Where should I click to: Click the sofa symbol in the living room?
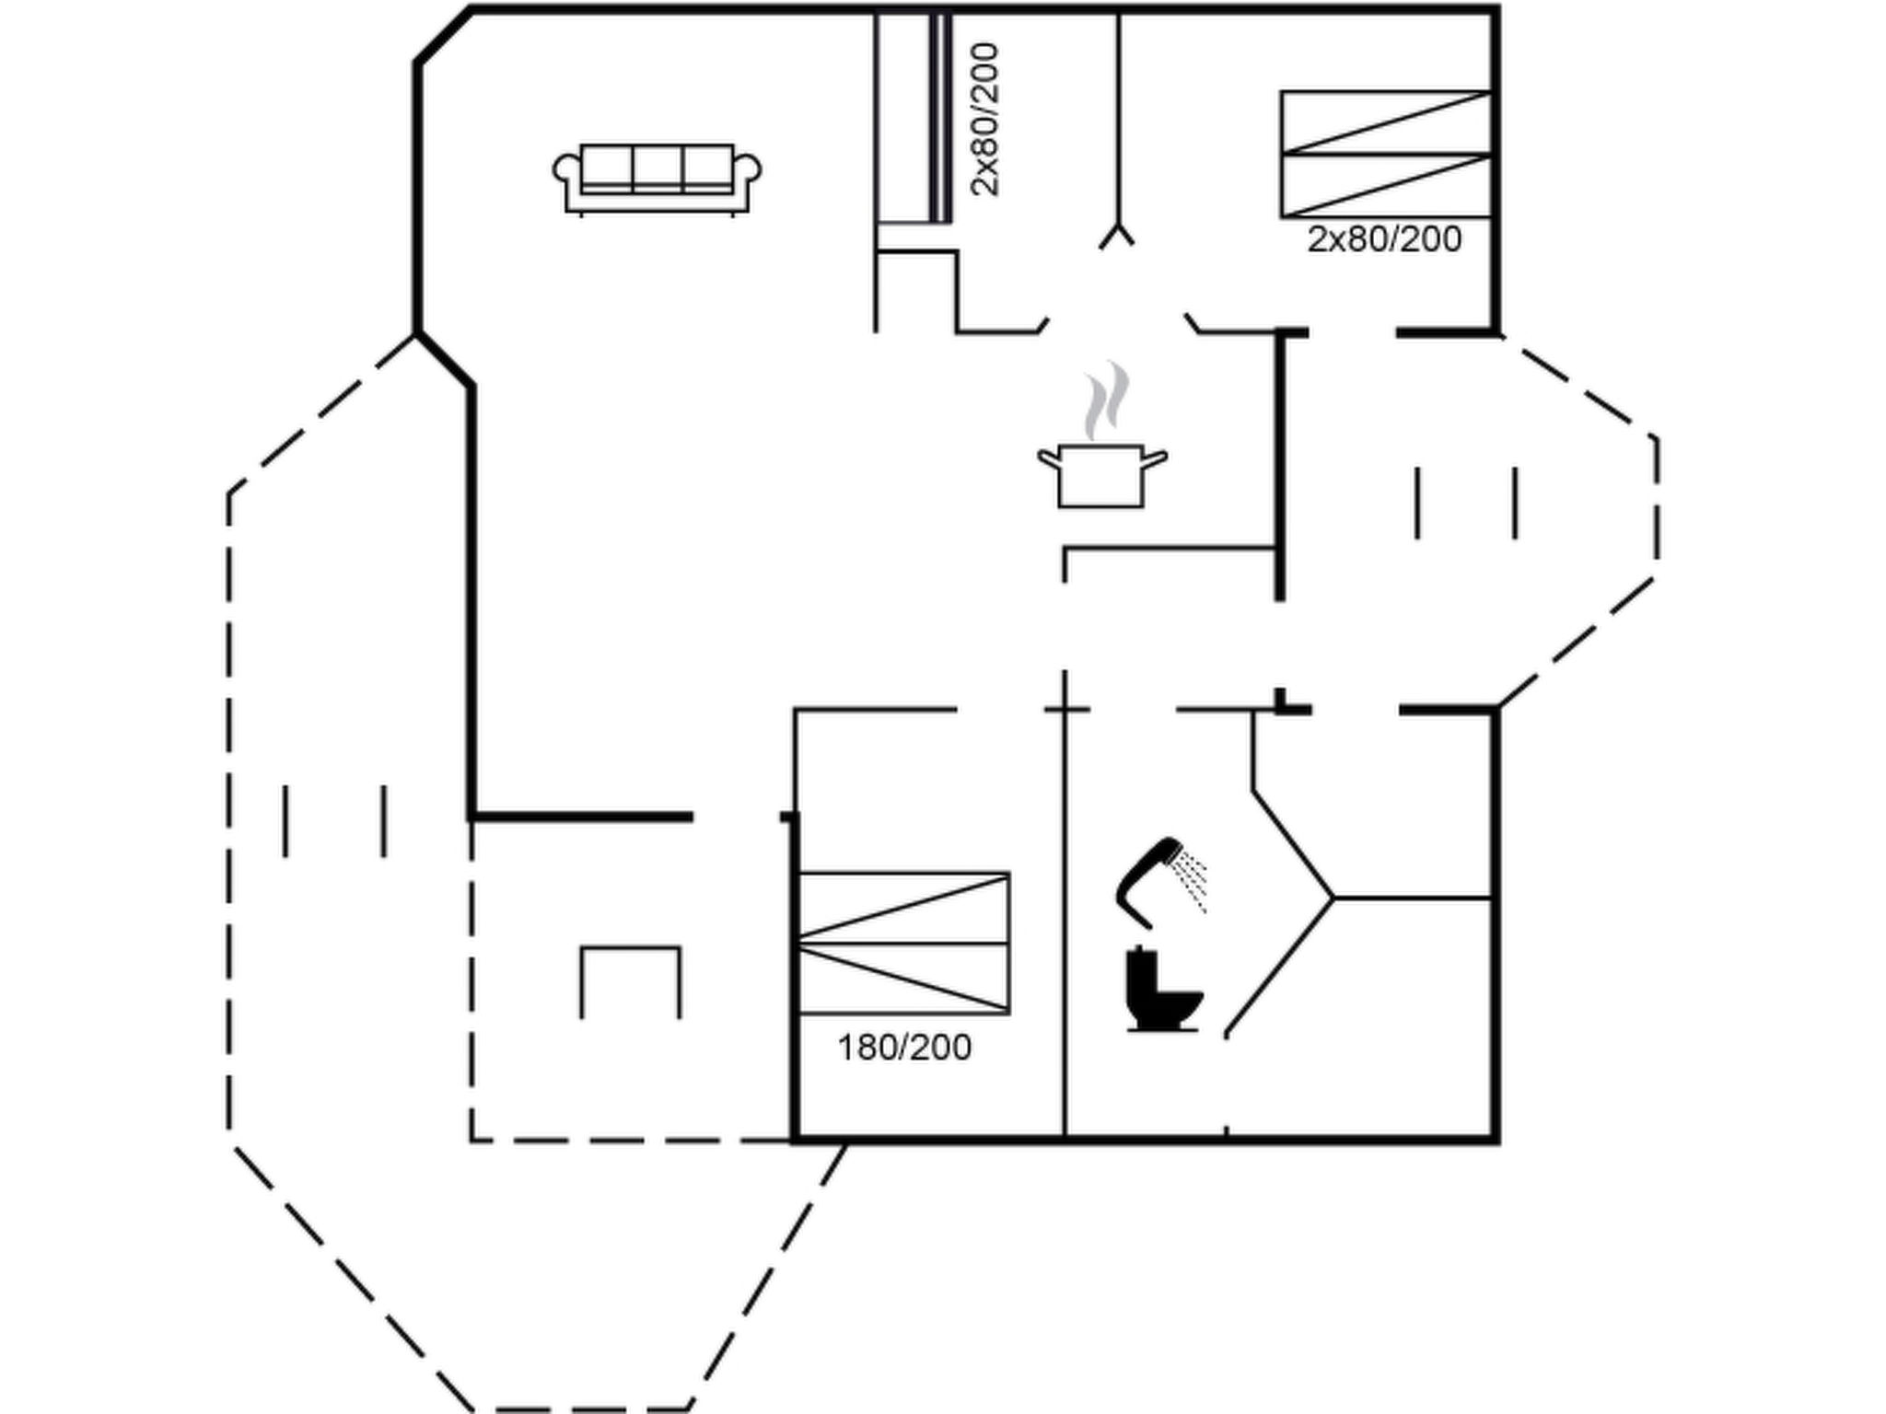pyautogui.click(x=657, y=180)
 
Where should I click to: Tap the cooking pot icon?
pyautogui.click(x=1101, y=475)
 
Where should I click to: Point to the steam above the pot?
pyautogui.click(x=1106, y=400)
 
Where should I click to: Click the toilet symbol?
pyautogui.click(x=1163, y=991)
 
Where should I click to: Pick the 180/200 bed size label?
pyautogui.click(x=904, y=1048)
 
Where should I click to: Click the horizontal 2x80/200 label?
pyautogui.click(x=1384, y=239)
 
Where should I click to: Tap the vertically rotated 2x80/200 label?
pyautogui.click(x=984, y=119)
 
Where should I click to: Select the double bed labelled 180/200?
pyautogui.click(x=903, y=943)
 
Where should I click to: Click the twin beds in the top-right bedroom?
pyautogui.click(x=1385, y=155)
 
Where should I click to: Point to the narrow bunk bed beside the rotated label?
pyautogui.click(x=912, y=117)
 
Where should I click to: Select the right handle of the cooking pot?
pyautogui.click(x=1155, y=458)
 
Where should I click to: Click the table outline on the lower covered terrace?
pyautogui.click(x=631, y=948)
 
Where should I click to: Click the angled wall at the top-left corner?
pyautogui.click(x=444, y=36)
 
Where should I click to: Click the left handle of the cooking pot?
pyautogui.click(x=1048, y=458)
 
